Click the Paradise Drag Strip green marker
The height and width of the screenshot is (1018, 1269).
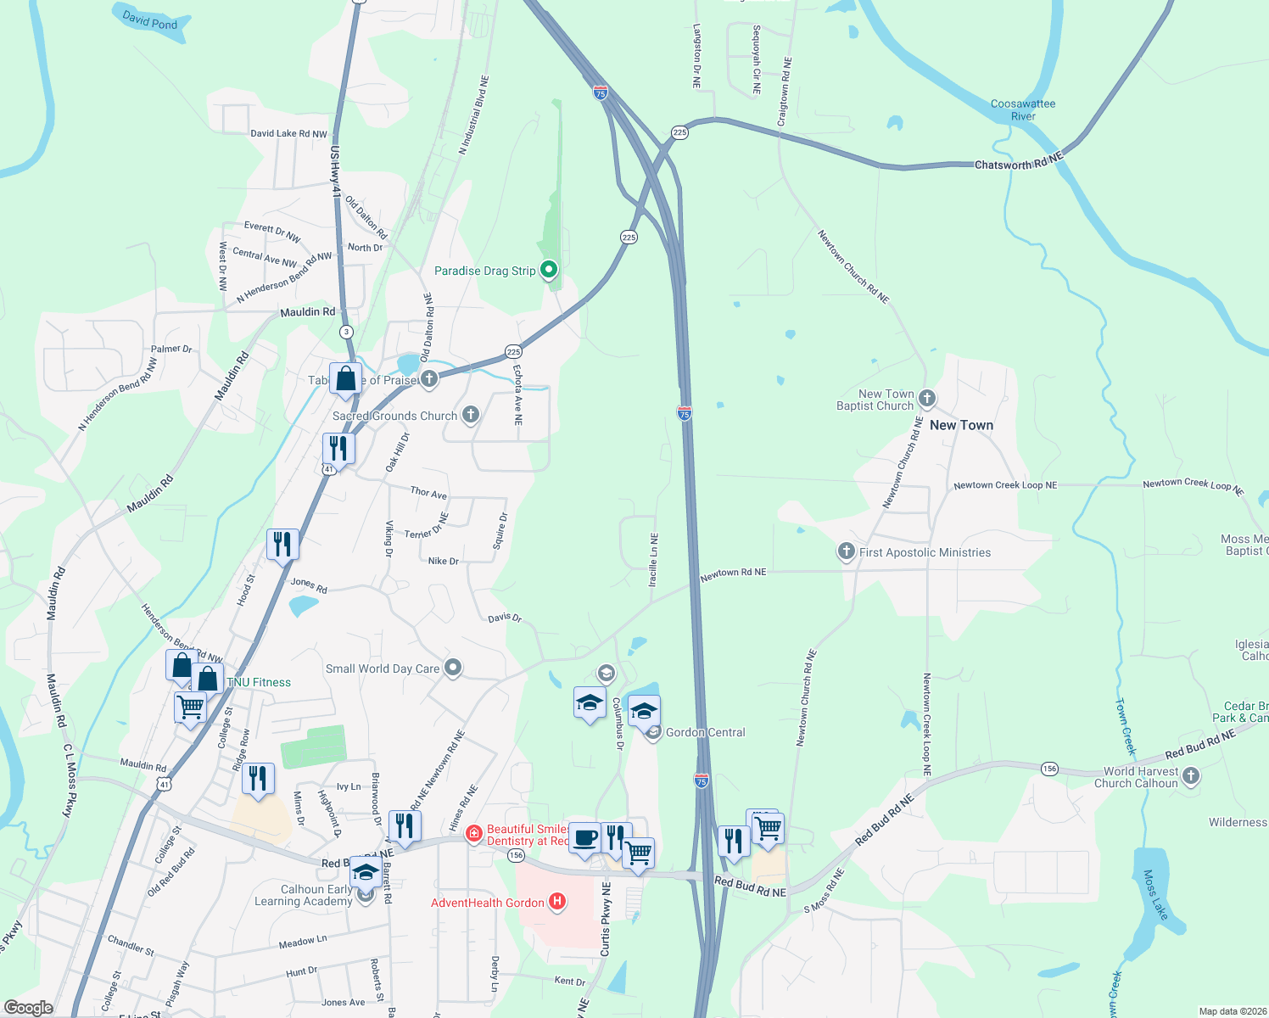(x=549, y=271)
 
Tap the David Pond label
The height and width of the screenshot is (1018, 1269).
(x=150, y=20)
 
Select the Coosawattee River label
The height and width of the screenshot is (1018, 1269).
(x=1023, y=110)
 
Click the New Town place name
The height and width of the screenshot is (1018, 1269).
(x=961, y=425)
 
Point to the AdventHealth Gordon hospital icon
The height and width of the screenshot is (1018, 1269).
(x=557, y=902)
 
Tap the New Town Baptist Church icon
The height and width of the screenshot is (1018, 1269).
(x=927, y=398)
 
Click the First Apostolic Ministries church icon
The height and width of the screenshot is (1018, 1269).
(x=846, y=552)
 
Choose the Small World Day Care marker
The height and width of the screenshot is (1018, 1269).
(x=453, y=668)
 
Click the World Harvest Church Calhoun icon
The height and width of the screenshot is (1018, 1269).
(x=1191, y=775)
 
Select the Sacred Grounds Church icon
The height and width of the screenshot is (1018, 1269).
(x=471, y=415)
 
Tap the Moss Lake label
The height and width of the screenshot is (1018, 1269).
(x=1154, y=894)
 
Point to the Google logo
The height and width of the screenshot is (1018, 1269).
(x=29, y=1007)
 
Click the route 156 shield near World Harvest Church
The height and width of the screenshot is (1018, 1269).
(x=1049, y=769)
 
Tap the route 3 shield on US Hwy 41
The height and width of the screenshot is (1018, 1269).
(x=346, y=332)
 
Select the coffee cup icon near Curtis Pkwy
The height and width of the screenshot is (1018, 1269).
(x=584, y=838)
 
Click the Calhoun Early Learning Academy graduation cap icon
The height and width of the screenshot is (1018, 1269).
(x=366, y=873)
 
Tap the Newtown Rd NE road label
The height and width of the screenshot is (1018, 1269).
(x=733, y=573)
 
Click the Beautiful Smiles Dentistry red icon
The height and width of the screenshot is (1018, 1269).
(x=474, y=835)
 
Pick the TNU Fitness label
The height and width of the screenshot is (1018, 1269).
(x=259, y=682)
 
